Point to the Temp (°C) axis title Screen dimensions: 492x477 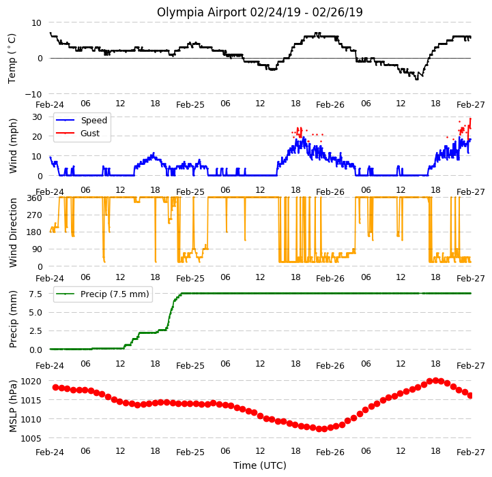pyautogui.click(x=12, y=59)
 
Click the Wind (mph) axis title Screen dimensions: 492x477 pyautogui.click(x=13, y=146)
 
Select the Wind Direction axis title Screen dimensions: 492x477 pyautogui.click(x=13, y=232)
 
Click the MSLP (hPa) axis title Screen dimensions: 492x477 pyautogui.click(x=13, y=406)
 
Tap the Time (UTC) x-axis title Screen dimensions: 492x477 pyautogui.click(x=260, y=465)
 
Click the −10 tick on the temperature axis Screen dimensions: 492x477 pyautogui.click(x=33, y=94)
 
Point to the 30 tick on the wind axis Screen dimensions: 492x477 pyautogui.click(x=37, y=117)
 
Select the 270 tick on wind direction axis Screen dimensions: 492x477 pyautogui.click(x=35, y=215)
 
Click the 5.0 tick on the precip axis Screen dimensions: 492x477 pyautogui.click(x=35, y=313)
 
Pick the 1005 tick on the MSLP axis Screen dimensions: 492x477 pyautogui.click(x=31, y=438)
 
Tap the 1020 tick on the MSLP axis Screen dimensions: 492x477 pyautogui.click(x=31, y=382)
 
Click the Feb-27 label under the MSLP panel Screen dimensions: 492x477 pyautogui.click(x=471, y=452)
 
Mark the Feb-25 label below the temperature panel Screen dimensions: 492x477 pyautogui.click(x=190, y=104)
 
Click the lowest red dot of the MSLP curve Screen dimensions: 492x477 pyautogui.click(x=324, y=429)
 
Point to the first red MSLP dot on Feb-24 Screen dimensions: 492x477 pyautogui.click(x=55, y=387)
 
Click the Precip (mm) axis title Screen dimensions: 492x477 pyautogui.click(x=13, y=320)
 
